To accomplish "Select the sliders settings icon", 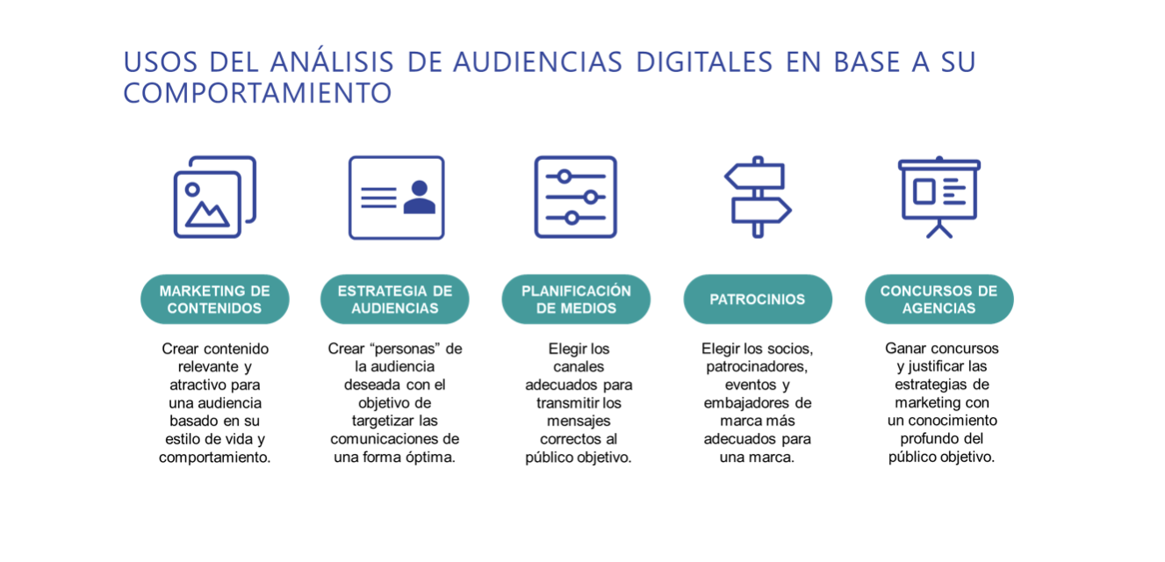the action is (576, 198).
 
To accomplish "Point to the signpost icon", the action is (758, 198).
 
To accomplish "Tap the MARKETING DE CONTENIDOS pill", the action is (215, 299).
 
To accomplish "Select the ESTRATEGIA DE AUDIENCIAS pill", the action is (395, 299).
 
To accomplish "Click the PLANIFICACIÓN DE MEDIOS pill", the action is (576, 299).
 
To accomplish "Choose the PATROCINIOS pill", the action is (758, 299).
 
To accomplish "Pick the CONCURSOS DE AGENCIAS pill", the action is (939, 299).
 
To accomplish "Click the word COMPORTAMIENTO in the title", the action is (257, 93).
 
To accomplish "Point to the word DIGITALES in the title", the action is (704, 62).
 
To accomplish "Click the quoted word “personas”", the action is (404, 349).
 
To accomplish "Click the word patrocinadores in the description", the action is (757, 367).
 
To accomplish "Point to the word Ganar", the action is (903, 348).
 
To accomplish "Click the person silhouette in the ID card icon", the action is (419, 198).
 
